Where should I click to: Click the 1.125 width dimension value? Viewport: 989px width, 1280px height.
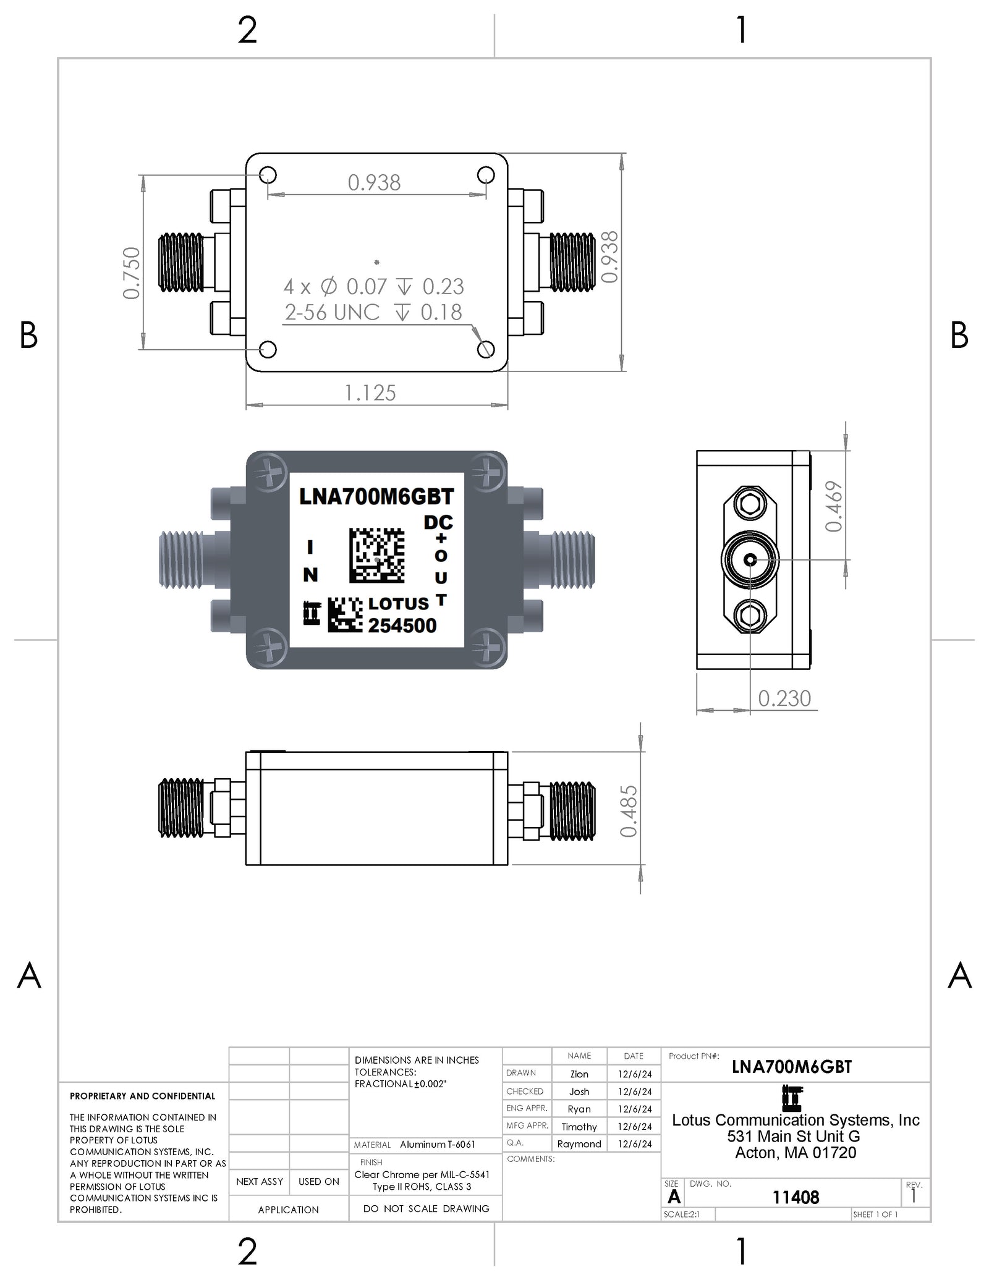pos(370,393)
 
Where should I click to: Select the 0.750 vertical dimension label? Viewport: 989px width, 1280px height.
pos(132,273)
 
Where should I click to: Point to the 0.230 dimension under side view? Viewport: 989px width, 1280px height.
pos(784,698)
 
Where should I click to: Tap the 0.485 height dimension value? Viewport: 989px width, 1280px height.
pos(629,811)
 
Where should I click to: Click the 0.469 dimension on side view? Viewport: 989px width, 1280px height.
pos(834,506)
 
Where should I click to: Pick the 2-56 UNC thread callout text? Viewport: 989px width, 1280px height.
pos(332,313)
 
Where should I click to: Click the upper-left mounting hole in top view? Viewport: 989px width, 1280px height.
pos(268,175)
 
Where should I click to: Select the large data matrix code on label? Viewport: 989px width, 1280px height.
pos(376,554)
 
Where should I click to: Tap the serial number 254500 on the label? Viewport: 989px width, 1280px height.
pos(402,625)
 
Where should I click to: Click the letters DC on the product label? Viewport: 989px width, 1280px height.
pos(438,522)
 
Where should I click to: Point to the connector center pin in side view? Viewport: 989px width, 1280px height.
pos(750,560)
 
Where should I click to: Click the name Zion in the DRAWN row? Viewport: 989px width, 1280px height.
pos(579,1074)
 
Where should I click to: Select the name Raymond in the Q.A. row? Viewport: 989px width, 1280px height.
pos(579,1144)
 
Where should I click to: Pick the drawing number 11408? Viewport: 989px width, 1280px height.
pos(796,1198)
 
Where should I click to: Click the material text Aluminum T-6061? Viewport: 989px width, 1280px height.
pos(438,1145)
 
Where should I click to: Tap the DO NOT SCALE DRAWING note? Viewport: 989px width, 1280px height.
pos(426,1208)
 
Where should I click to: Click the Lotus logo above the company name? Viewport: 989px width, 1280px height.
pos(792,1099)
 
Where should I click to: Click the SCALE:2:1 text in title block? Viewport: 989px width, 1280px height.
pos(681,1214)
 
